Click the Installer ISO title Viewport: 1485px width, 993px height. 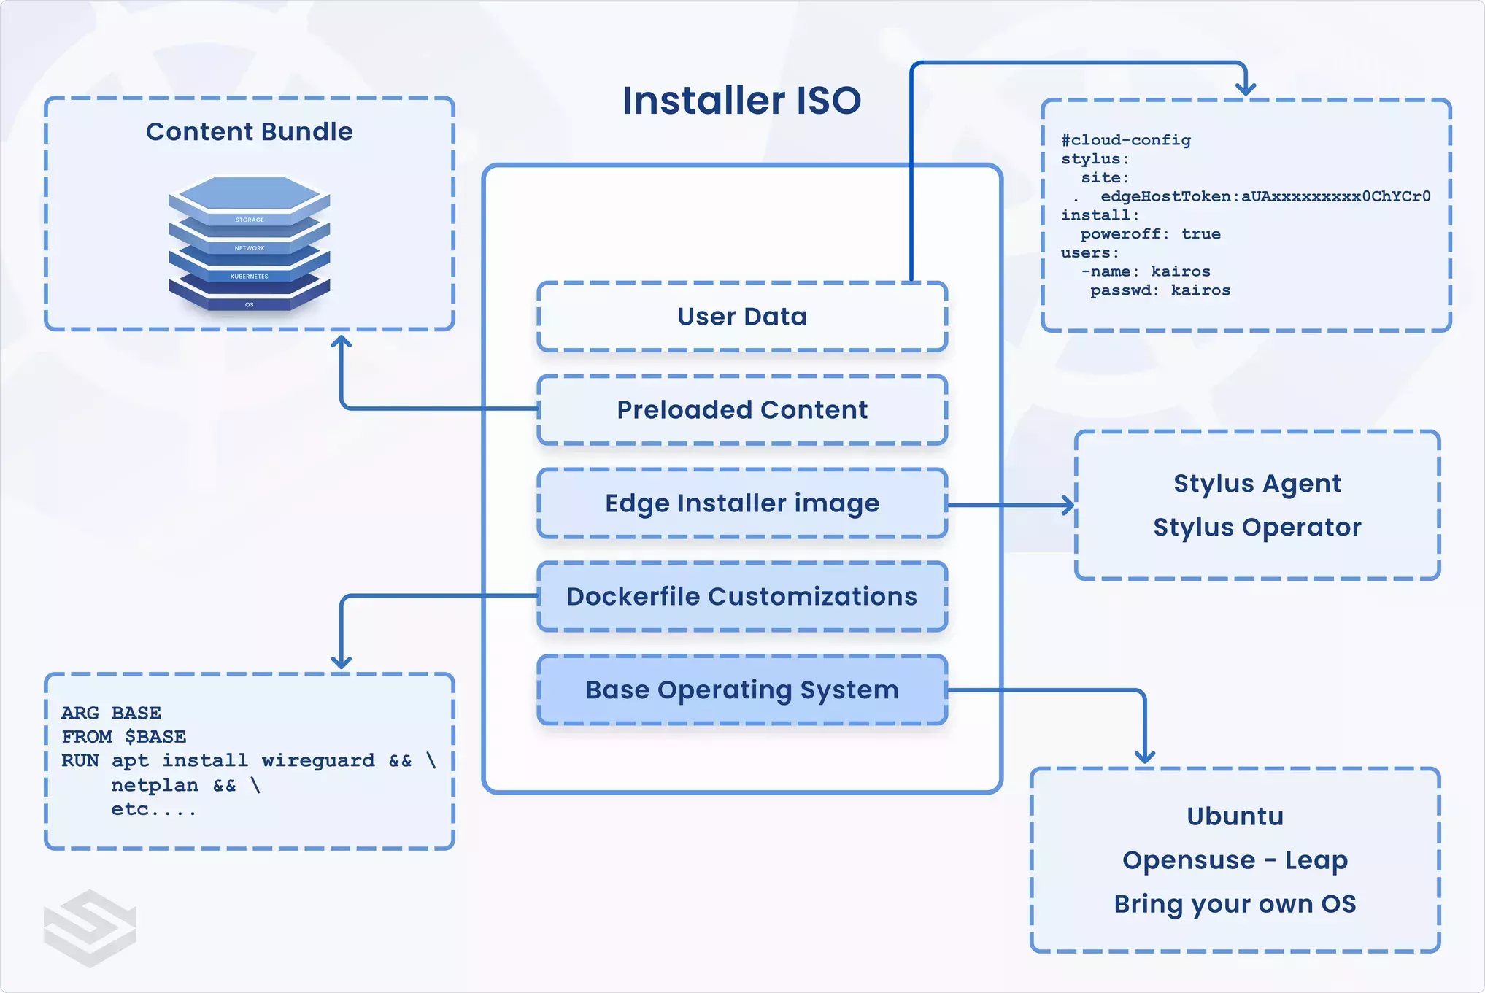point(741,101)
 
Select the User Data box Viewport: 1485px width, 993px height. point(741,317)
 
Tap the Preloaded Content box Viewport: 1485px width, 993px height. point(741,410)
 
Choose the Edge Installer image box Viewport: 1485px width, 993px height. point(741,503)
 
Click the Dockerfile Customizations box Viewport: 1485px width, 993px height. point(741,597)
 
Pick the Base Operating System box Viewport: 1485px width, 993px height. point(741,690)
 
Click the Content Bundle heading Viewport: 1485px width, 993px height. point(249,132)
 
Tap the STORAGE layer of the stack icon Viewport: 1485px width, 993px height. point(250,219)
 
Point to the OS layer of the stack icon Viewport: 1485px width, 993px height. point(250,304)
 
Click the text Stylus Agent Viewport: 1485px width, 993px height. point(1257,484)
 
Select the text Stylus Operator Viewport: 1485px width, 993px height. point(1257,528)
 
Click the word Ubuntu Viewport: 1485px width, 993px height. point(1235,816)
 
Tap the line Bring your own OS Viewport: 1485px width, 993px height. point(1235,904)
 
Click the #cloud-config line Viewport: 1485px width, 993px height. point(1125,140)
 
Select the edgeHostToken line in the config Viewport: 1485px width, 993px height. point(1264,196)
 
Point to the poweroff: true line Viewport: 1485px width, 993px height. point(1150,234)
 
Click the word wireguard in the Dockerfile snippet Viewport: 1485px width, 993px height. point(318,761)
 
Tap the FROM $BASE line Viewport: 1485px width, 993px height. point(123,737)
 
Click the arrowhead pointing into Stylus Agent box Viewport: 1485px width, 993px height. point(1068,504)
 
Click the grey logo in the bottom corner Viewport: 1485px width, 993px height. point(90,927)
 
